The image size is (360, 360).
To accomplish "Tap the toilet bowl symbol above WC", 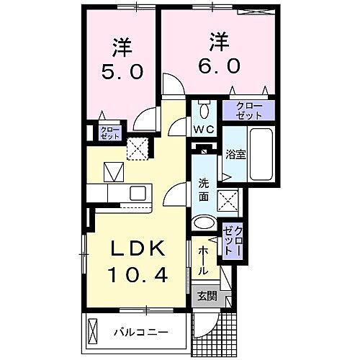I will click(x=204, y=110).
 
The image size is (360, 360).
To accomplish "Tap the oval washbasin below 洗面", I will click(x=204, y=222).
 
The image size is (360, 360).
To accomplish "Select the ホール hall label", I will click(x=204, y=260).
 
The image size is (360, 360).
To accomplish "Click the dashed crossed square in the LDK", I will click(x=138, y=148).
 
